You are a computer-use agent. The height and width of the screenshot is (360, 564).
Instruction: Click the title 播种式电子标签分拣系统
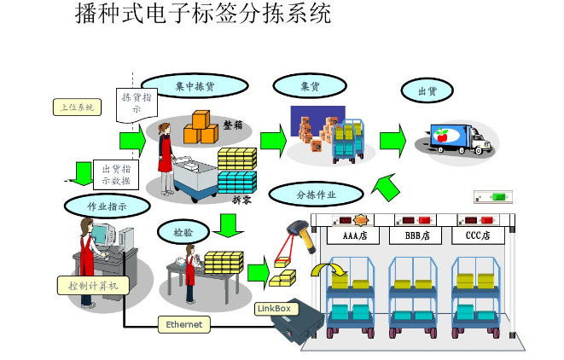point(203,15)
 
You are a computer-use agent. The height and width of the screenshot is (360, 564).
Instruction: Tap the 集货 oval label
point(310,86)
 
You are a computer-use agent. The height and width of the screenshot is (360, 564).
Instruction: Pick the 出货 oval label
point(427,90)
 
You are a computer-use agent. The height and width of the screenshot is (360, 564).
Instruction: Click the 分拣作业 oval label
point(316,195)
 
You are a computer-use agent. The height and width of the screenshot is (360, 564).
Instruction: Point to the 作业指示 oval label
point(108,206)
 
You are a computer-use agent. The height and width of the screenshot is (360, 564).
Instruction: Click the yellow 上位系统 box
point(78,107)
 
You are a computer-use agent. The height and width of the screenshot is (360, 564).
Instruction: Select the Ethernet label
point(184,325)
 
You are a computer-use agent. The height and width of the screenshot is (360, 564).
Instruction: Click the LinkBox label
point(273,307)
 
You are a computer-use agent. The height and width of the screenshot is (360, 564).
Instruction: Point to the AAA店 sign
point(354,235)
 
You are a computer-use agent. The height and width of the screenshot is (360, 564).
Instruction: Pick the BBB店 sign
point(417,235)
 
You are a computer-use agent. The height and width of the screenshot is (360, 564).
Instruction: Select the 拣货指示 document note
point(137,107)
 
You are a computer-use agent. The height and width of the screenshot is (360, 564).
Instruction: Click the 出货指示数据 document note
point(115,174)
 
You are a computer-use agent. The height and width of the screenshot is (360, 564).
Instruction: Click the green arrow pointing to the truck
point(392,139)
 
